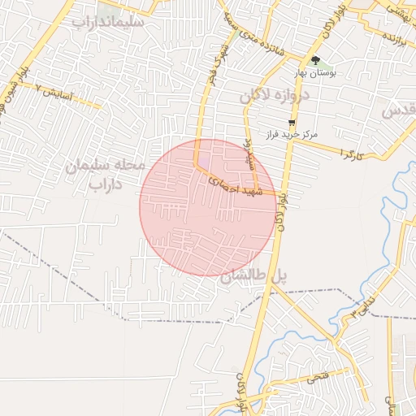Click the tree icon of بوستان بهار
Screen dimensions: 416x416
[315, 60]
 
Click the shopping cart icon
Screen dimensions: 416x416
[292, 123]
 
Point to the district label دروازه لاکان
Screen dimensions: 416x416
[275, 96]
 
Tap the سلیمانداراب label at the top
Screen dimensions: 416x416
[107, 23]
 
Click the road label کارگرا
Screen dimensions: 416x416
[351, 152]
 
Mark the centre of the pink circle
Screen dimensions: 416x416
[209, 207]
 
